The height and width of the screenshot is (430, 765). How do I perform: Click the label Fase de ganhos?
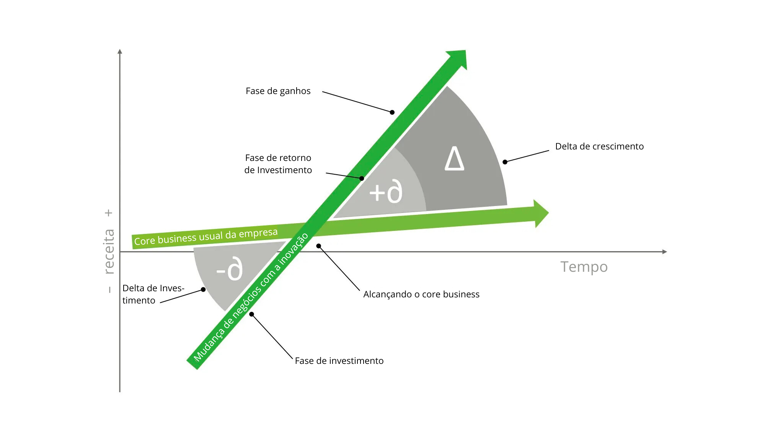pos(278,91)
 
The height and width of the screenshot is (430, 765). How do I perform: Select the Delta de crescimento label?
pos(599,146)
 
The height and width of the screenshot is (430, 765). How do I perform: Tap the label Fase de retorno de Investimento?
pos(278,164)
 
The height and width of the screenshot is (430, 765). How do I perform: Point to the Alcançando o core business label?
pos(421,294)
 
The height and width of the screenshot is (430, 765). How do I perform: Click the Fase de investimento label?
pos(339,361)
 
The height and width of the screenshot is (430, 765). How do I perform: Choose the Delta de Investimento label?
pos(153,294)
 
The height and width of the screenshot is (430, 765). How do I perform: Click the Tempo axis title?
pos(584,267)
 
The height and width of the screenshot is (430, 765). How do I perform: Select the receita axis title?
pos(109,251)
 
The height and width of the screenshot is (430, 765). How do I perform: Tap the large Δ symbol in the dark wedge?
pos(454,159)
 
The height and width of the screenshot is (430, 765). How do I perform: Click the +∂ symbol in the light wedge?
pos(386,192)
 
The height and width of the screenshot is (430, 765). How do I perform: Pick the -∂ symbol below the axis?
pos(230,269)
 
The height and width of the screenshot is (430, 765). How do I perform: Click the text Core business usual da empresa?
pos(206,237)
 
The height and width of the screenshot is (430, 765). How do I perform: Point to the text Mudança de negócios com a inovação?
pos(251,297)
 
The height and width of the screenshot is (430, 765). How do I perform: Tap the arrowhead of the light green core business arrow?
pos(540,213)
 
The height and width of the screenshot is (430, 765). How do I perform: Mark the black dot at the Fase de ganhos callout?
pos(392,112)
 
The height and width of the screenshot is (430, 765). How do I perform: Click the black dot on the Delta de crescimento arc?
pos(505,162)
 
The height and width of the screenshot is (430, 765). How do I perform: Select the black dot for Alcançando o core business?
pos(318,246)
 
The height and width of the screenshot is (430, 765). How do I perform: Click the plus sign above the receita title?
pos(109,213)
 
